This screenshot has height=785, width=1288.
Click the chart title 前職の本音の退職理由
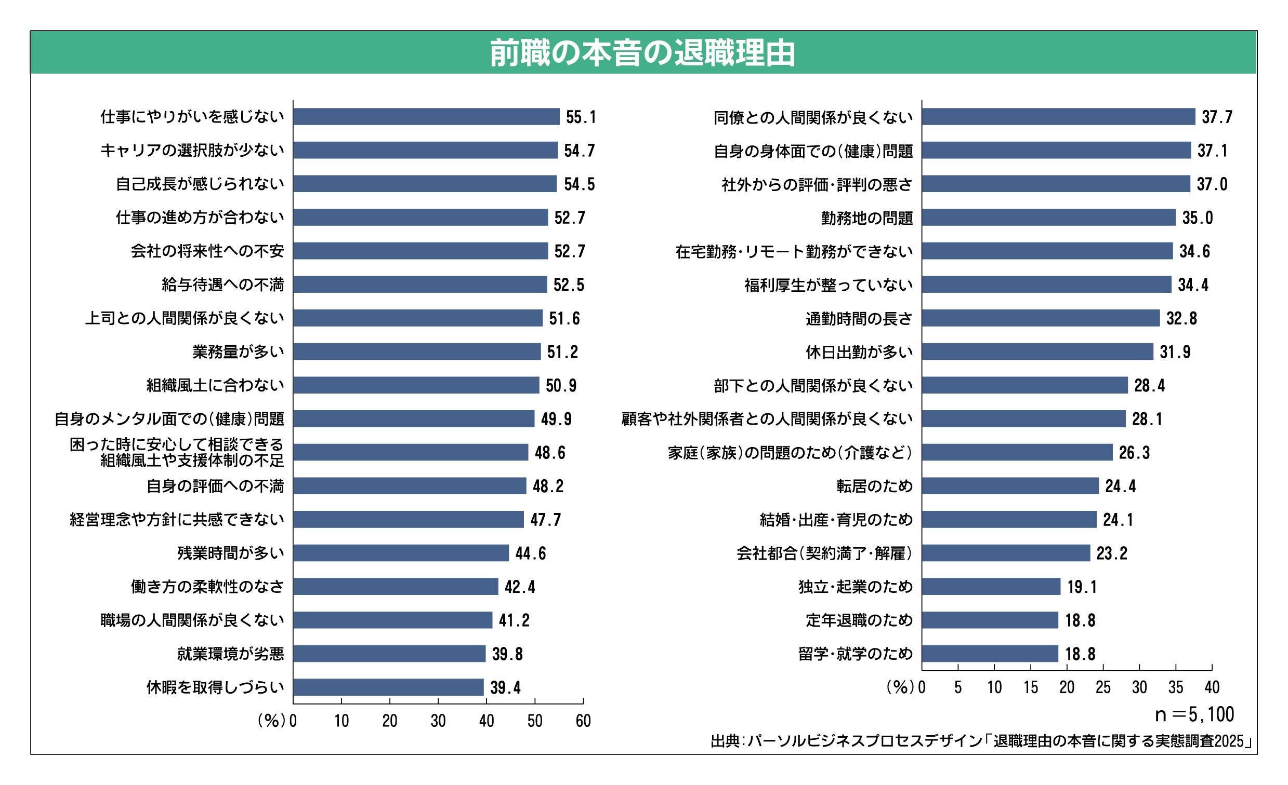642,53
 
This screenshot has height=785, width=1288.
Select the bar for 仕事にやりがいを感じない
426,116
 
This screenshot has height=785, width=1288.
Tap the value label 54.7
579,151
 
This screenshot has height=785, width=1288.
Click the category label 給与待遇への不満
222,285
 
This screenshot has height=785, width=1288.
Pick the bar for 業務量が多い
417,351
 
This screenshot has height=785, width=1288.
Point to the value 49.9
556,419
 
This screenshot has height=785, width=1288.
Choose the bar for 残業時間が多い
401,553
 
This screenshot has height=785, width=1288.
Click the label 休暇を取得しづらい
215,687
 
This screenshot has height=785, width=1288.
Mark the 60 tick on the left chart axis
583,721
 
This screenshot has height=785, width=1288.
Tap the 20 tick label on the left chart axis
389,721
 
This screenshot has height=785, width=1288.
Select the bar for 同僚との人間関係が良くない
1058,116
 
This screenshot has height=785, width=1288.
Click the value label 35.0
1198,218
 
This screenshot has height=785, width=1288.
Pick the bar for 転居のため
1010,486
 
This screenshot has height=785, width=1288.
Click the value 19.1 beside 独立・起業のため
1082,587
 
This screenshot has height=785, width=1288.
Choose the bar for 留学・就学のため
990,654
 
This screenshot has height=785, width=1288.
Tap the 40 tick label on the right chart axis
1212,687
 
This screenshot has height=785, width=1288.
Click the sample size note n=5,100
1194,714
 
